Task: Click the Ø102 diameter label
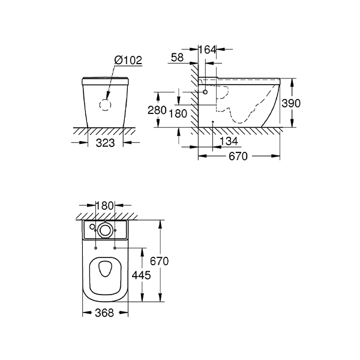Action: (x=128, y=60)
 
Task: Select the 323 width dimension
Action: (x=105, y=143)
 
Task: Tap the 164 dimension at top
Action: (x=208, y=50)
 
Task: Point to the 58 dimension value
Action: (x=177, y=58)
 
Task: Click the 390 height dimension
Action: (x=291, y=103)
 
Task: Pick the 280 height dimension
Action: (x=157, y=110)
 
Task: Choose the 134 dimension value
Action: (x=229, y=141)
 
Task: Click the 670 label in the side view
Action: (x=238, y=157)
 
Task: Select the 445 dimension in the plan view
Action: (x=141, y=275)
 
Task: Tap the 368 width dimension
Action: (x=104, y=313)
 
